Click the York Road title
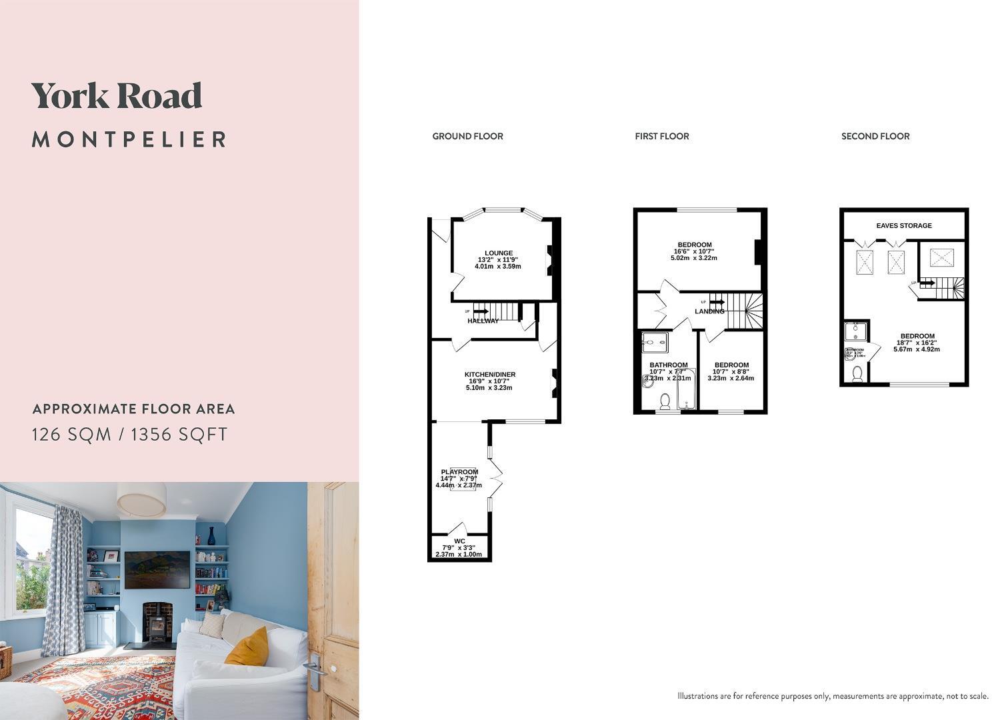point(117,96)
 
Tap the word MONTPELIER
point(129,139)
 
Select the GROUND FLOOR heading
point(467,136)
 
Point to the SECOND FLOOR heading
point(875,136)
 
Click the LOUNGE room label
point(499,253)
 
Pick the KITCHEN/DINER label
point(490,375)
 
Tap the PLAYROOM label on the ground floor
point(459,472)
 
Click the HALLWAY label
point(483,321)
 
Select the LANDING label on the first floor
point(709,311)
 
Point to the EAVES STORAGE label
point(903,226)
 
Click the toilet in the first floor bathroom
point(665,401)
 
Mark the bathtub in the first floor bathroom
point(685,390)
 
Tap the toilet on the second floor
point(857,374)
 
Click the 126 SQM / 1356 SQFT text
point(130,435)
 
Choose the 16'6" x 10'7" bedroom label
point(695,251)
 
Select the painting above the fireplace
point(157,569)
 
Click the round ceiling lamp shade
point(141,499)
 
